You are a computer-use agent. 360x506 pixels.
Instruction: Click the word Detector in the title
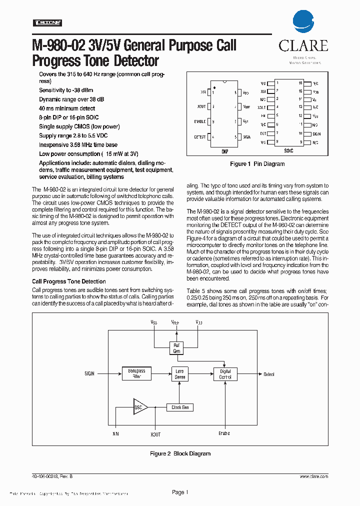pos(131,61)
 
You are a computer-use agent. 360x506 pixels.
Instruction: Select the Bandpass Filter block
pos(136,373)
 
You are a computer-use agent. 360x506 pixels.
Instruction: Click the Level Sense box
pos(180,373)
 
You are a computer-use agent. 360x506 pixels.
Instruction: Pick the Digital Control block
pos(225,373)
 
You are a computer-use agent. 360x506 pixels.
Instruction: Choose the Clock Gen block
pos(180,407)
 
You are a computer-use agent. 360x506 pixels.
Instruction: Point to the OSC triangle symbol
pos(139,407)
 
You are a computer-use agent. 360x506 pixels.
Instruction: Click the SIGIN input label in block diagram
pos(89,373)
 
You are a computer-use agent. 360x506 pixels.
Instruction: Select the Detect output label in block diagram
pos(269,374)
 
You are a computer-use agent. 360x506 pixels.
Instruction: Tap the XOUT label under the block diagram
pos(155,434)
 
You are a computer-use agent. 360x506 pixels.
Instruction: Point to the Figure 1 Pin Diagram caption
pos(257,164)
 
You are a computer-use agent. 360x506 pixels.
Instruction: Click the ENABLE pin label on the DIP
pos(199,121)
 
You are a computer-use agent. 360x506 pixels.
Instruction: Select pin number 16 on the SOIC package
pos(300,83)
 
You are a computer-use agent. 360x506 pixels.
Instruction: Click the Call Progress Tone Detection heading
pos(69,281)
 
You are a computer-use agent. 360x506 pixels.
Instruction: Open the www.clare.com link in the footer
pos(314,477)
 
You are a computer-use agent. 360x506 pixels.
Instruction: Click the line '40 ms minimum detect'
pos(67,108)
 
